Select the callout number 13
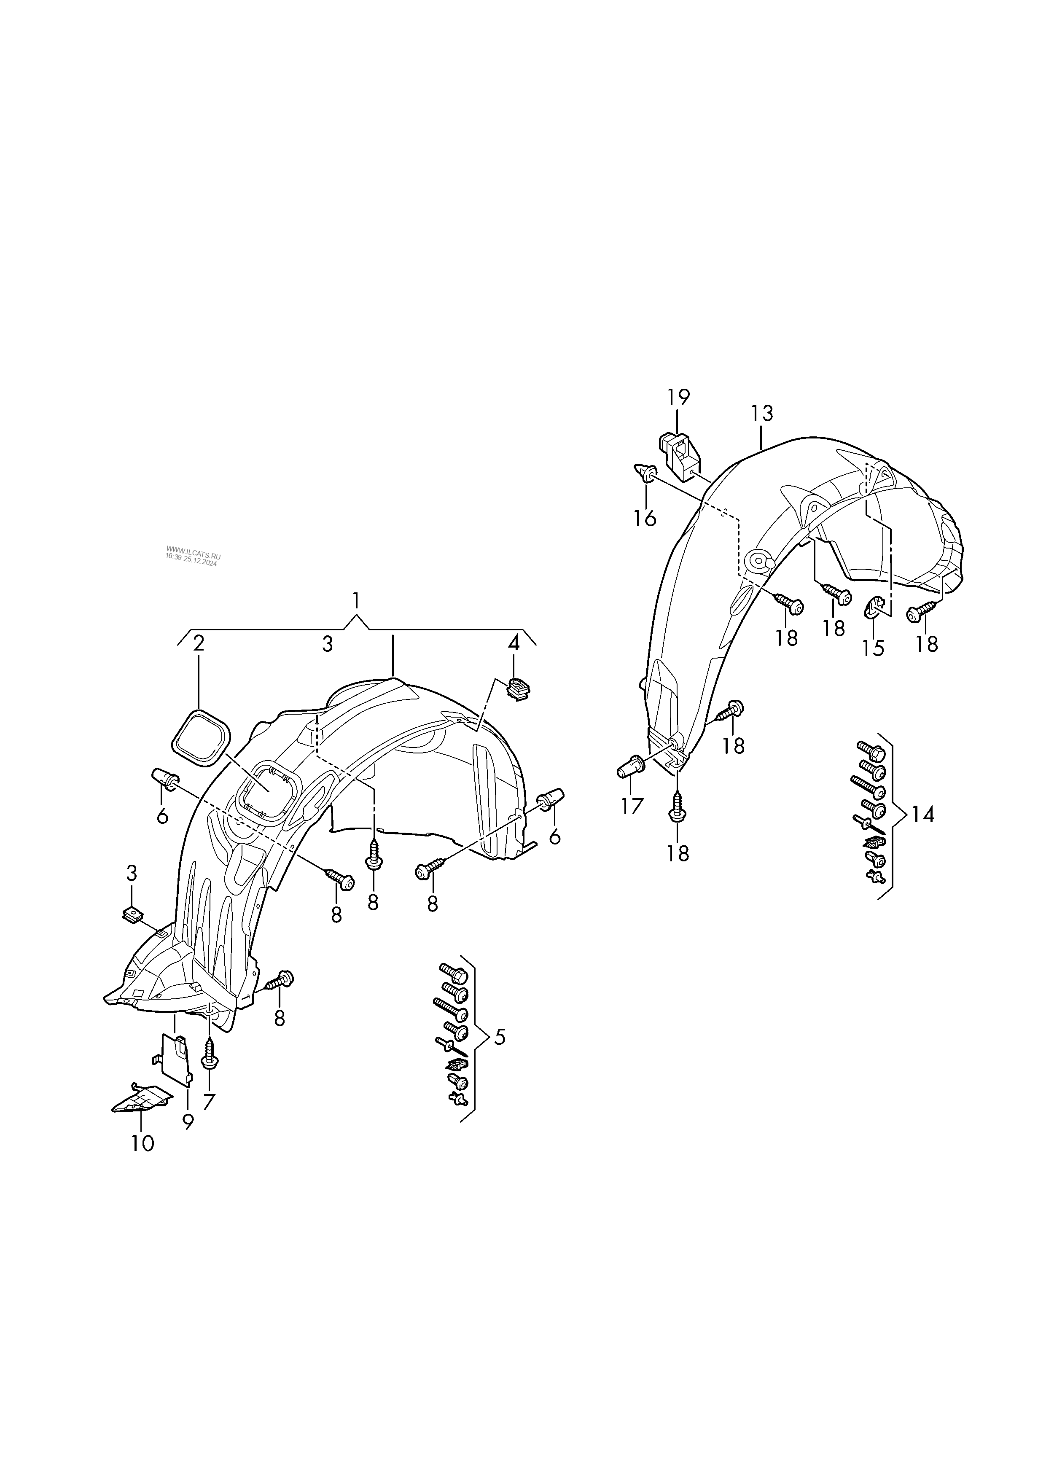pos(761,413)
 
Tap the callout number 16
pos(645,518)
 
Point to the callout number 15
pos(874,648)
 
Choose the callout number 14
pos(922,815)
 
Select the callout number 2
pos(199,643)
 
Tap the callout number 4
pos(514,643)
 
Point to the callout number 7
pos(209,1102)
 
